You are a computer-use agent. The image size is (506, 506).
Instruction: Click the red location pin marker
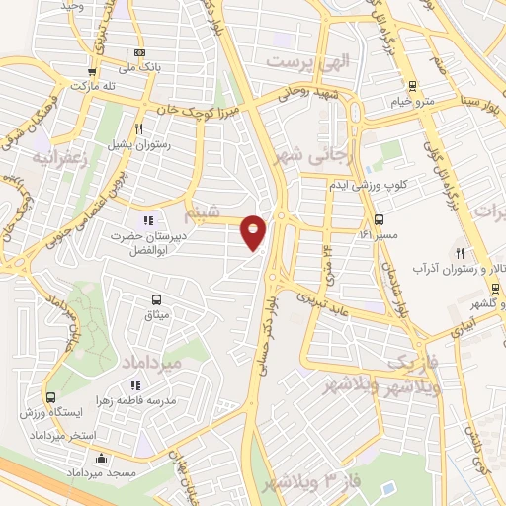[x=254, y=232]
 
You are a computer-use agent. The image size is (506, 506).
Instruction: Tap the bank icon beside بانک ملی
[x=139, y=52]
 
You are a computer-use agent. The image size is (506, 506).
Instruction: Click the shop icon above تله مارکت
[x=92, y=71]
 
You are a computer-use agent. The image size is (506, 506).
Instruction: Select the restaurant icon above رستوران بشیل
[x=139, y=128]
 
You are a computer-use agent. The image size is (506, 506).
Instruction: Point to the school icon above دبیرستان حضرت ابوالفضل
[x=148, y=220]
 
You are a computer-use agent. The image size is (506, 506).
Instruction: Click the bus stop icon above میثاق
[x=156, y=299]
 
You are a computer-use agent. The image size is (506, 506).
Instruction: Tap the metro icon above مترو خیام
[x=412, y=86]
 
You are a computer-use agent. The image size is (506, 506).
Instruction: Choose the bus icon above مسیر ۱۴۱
[x=379, y=220]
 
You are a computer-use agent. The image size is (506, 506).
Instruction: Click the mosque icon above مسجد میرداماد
[x=102, y=460]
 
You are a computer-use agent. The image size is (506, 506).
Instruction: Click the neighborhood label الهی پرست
[x=308, y=60]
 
